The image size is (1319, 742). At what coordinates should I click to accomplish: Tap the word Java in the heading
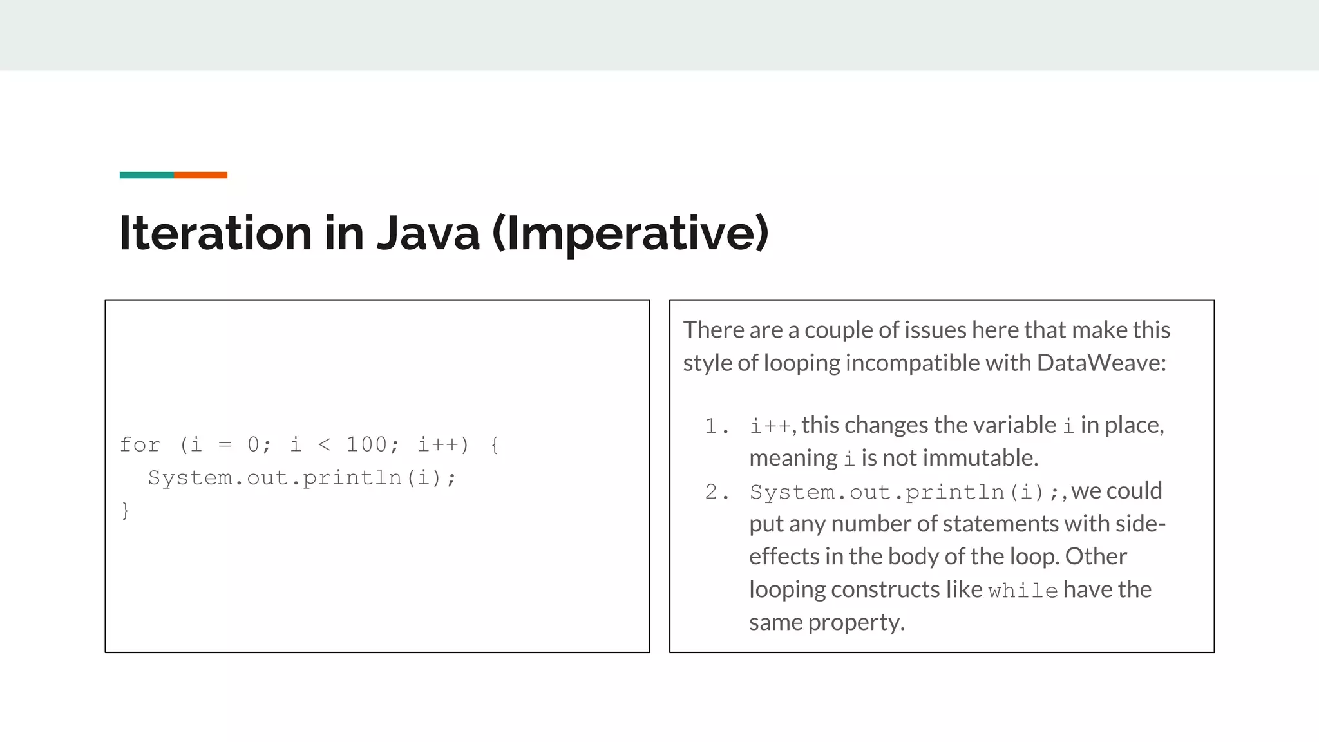coord(428,233)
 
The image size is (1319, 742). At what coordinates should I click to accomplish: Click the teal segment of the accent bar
coord(146,175)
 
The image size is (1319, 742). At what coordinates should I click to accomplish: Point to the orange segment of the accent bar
coord(200,175)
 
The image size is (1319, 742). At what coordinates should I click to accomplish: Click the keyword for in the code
coord(140,444)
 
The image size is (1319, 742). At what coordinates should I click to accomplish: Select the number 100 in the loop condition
coord(366,444)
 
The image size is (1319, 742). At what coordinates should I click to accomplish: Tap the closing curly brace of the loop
coord(125,511)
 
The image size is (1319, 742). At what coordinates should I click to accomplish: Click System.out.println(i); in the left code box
coord(301,478)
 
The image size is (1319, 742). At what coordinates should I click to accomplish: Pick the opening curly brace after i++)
coord(494,444)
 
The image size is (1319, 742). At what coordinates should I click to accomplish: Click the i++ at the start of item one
coord(770,426)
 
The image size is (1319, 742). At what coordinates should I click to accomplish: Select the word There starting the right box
coord(713,330)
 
